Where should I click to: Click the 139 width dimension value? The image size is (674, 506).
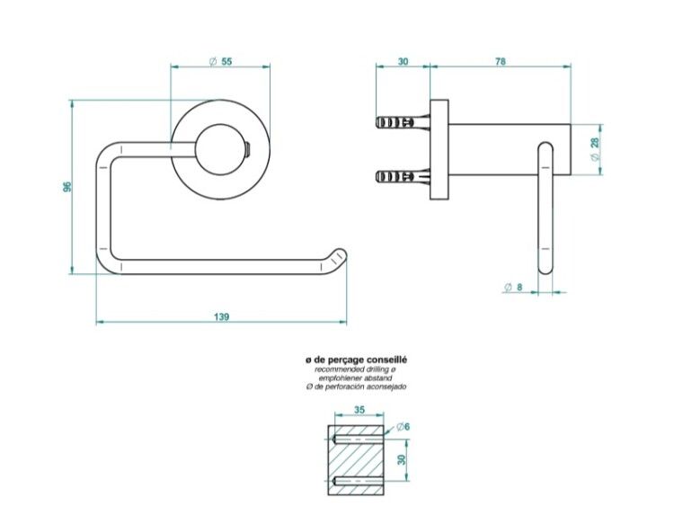tap(221, 317)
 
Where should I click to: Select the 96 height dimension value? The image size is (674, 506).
tap(67, 187)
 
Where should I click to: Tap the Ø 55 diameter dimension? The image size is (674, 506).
tap(220, 61)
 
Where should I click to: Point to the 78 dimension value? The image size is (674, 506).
tap(501, 61)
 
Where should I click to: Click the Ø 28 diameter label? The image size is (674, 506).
tap(595, 149)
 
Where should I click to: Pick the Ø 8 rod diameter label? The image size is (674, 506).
tap(513, 288)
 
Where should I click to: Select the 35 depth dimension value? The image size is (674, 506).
tap(359, 410)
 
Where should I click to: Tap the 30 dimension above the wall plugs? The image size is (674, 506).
tap(403, 61)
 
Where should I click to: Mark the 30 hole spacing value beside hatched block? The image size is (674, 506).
tap(402, 459)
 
